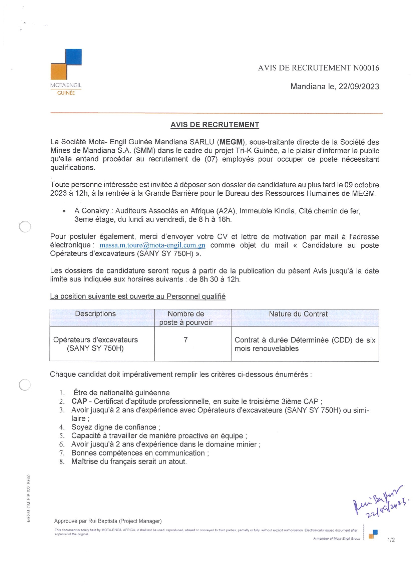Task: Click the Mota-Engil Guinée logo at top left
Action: click(x=66, y=72)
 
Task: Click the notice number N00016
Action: click(x=366, y=68)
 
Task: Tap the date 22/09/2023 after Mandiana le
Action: click(x=359, y=86)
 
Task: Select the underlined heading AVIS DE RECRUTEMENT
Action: click(x=215, y=125)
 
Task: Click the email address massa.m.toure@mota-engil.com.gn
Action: click(x=152, y=245)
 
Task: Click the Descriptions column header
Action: click(x=95, y=314)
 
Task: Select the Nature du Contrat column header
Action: click(x=298, y=314)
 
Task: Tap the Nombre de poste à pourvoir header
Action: click(x=186, y=318)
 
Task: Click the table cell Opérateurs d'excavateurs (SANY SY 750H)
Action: click(x=95, y=344)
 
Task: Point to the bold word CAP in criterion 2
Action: click(x=79, y=401)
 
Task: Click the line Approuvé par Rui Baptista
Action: click(x=108, y=521)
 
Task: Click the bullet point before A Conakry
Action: click(x=64, y=211)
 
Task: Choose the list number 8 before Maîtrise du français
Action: click(x=62, y=462)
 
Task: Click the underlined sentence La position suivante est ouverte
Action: click(x=138, y=297)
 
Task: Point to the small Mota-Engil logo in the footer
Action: click(x=373, y=534)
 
